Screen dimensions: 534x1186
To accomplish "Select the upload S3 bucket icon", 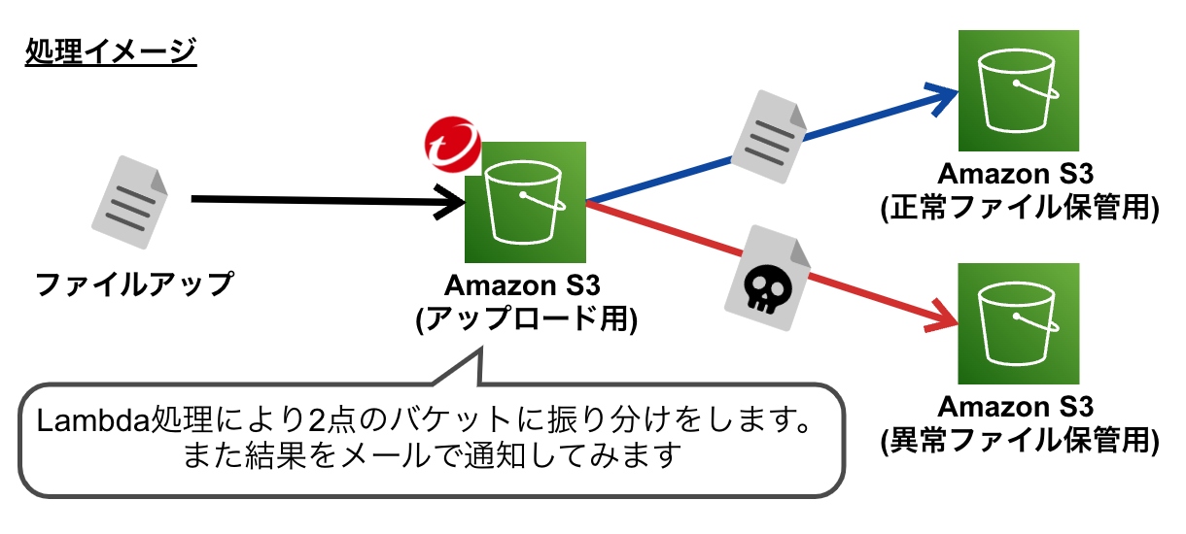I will click(525, 202).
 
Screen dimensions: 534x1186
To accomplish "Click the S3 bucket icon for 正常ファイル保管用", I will click(1018, 90).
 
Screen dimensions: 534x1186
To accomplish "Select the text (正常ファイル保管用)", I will click(1018, 208).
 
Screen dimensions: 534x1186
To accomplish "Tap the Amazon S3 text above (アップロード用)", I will click(525, 287).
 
